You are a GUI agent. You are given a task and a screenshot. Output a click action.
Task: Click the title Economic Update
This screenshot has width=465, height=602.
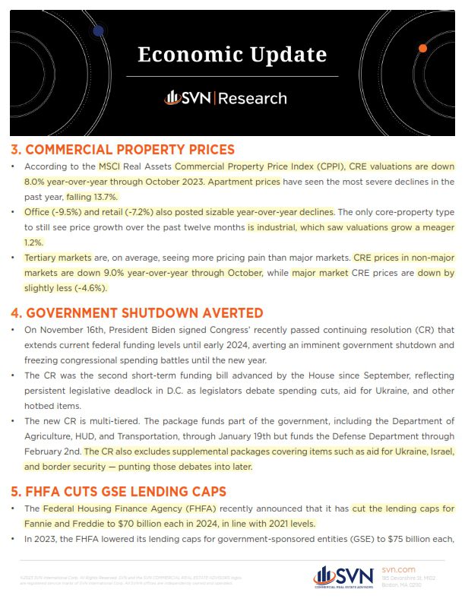[x=232, y=55]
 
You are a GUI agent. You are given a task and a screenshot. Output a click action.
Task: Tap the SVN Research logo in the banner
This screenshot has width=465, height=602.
[x=226, y=98]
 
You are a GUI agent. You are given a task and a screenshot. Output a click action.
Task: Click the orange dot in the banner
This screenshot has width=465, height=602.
[x=422, y=48]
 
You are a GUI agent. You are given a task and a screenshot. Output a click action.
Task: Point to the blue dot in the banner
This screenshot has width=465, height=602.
[x=97, y=30]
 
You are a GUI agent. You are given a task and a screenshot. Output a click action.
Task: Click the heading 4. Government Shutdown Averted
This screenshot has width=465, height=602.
[x=137, y=312]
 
